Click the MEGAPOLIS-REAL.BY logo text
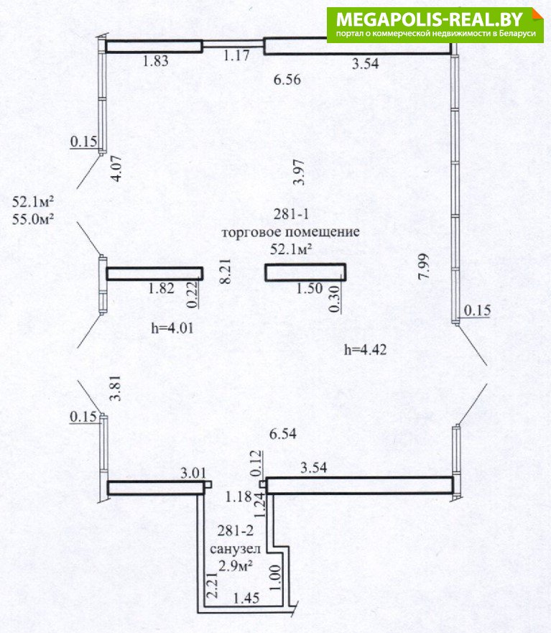[429, 19]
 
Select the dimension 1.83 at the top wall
[155, 61]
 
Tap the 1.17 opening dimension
[236, 55]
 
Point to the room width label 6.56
[287, 80]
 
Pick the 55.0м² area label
[33, 219]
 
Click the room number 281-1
[291, 214]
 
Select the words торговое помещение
[291, 233]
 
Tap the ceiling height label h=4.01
[172, 328]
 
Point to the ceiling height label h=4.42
[366, 350]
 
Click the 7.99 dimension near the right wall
[424, 267]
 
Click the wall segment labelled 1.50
[305, 272]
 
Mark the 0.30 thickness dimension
[335, 299]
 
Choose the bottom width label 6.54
[283, 434]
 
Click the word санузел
[236, 549]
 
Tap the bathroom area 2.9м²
[236, 566]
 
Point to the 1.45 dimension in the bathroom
[246, 598]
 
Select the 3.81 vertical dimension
[116, 388]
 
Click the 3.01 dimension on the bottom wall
[193, 473]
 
